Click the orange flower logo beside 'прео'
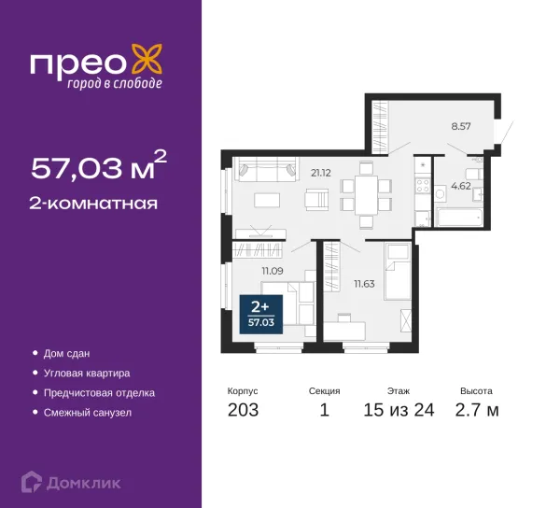tap(147, 60)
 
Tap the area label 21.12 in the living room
tap(321, 174)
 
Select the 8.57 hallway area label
tap(461, 126)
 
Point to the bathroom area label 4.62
tap(461, 186)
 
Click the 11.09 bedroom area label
tap(273, 271)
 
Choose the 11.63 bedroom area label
tap(364, 284)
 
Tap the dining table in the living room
tap(366, 194)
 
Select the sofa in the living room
tap(265, 169)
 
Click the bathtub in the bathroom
tap(459, 218)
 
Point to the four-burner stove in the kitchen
tap(423, 186)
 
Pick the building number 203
tap(243, 410)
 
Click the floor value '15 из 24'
tap(399, 410)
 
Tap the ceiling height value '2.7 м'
tap(477, 410)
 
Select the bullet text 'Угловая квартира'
tap(87, 374)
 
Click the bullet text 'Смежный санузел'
tap(88, 413)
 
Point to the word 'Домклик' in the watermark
tap(84, 484)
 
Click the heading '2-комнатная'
tap(93, 204)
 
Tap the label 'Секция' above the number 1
tap(324, 391)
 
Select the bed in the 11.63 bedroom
tap(398, 271)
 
